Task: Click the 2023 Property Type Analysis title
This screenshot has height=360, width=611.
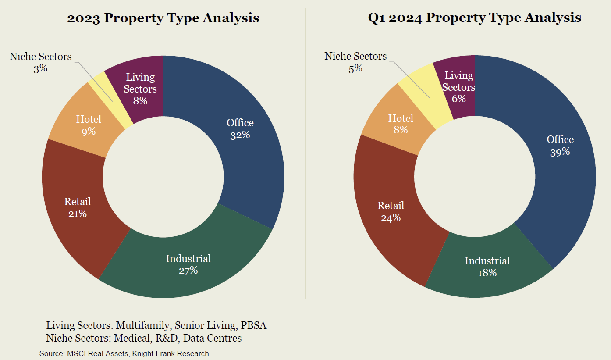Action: [x=163, y=18]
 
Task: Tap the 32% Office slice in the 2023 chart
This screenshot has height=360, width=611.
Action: [x=245, y=145]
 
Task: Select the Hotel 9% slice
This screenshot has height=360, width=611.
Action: [x=83, y=127]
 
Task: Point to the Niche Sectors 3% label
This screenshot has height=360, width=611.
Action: [x=40, y=62]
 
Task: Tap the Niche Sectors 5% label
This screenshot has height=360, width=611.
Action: [x=355, y=62]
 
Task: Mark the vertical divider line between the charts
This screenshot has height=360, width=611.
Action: [x=305, y=153]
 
